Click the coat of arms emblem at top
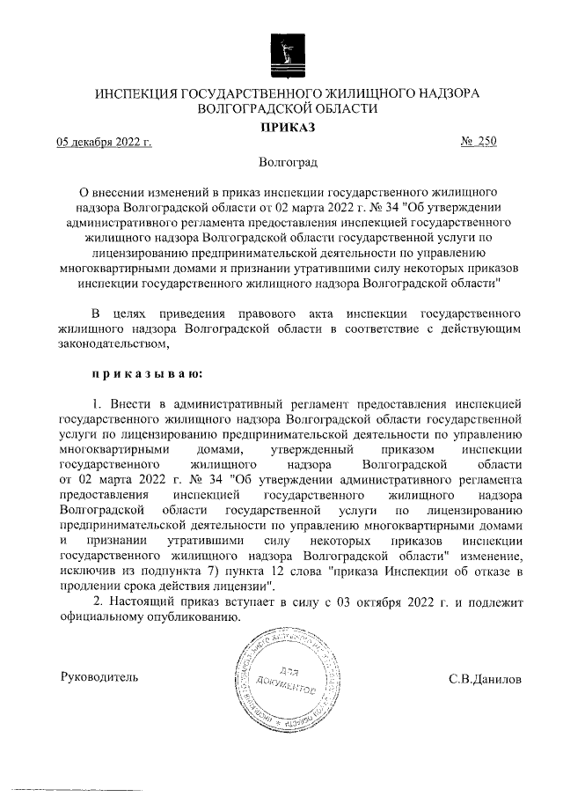281,54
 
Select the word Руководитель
99,678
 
